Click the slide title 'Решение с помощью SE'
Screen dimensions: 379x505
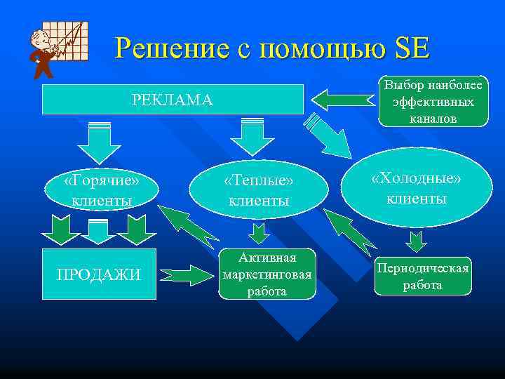tap(273, 48)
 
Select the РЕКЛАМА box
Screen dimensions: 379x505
tap(173, 100)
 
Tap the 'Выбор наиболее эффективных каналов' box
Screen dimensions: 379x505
tap(433, 102)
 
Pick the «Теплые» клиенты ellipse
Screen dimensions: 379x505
tap(259, 190)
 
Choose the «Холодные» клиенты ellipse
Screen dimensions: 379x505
tap(417, 188)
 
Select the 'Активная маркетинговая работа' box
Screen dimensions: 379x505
tap(267, 274)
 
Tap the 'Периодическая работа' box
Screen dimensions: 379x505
tap(423, 276)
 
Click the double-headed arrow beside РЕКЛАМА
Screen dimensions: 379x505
tap(342, 97)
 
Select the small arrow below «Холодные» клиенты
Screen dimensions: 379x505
tap(417, 241)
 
